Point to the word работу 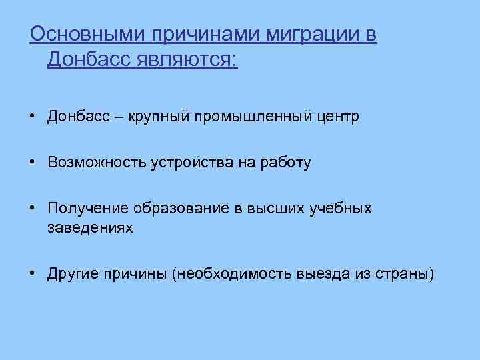tap(287, 163)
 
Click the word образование tap(179, 209)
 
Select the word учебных tap(341, 209)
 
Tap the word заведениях tap(90, 227)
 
